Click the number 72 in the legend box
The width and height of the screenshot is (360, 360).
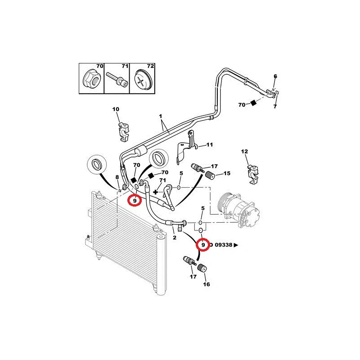[150, 66]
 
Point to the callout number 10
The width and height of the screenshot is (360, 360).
[116, 109]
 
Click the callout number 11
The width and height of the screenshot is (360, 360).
[209, 145]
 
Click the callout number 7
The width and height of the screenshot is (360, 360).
[275, 106]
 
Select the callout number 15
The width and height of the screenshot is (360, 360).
[227, 173]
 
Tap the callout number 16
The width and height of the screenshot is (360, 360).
[207, 284]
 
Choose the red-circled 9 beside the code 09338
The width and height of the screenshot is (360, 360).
[203, 244]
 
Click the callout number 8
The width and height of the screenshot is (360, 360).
[117, 177]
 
